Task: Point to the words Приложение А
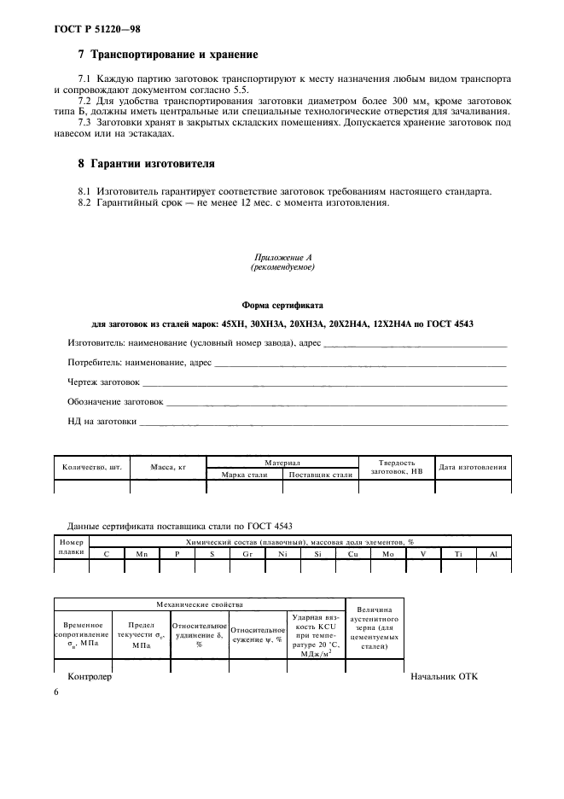(x=282, y=258)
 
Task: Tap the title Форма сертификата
(x=282, y=303)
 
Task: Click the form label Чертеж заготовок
(x=103, y=382)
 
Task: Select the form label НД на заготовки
(x=102, y=420)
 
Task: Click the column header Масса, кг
(x=168, y=467)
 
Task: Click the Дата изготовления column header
(x=473, y=467)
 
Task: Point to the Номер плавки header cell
(x=72, y=546)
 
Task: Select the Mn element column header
(x=142, y=554)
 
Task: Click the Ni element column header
(x=282, y=554)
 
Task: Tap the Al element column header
(x=493, y=554)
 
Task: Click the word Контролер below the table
(x=90, y=677)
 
